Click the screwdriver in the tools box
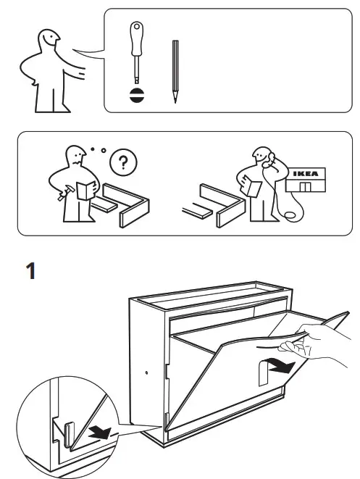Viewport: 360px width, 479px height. click(135, 54)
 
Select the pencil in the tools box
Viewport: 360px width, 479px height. click(175, 71)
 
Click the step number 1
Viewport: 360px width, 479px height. click(30, 272)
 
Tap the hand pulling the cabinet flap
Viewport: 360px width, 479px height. click(322, 341)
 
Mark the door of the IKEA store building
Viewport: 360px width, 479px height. click(307, 188)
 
